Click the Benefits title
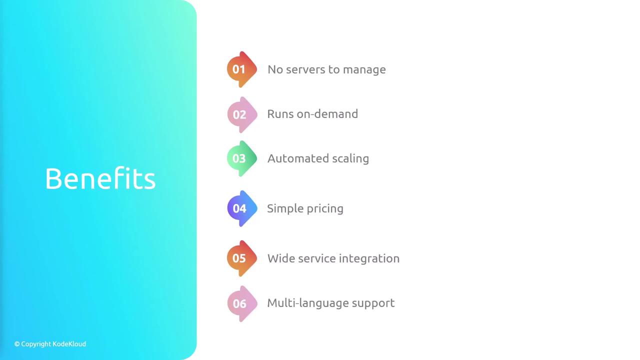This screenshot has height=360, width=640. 100,178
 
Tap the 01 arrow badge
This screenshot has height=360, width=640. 241,69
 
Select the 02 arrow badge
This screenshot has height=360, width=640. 242,114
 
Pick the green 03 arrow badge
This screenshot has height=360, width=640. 241,158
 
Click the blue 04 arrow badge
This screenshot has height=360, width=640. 242,208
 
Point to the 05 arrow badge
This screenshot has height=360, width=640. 241,258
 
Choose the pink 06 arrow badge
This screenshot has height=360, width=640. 242,303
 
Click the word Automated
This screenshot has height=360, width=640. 298,158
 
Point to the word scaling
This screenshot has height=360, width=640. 350,159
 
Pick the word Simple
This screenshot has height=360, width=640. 285,209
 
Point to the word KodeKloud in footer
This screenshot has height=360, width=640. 69,344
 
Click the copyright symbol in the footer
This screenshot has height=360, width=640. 17,344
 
